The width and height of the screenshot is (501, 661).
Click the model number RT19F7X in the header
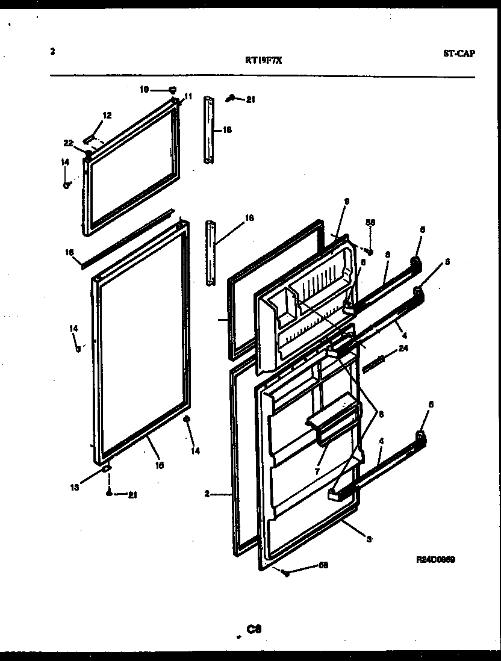point(259,60)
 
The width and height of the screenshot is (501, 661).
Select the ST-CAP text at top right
point(459,53)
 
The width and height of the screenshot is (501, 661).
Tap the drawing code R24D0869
point(435,559)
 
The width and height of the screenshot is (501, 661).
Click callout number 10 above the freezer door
point(144,90)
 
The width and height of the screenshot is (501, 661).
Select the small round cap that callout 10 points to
point(173,90)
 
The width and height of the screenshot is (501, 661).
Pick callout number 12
point(107,115)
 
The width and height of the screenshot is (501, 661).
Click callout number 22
point(68,143)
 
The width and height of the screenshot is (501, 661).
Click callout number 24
point(403,348)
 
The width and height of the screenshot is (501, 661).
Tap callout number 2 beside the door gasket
point(206,494)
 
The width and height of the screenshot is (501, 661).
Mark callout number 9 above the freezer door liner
point(346,201)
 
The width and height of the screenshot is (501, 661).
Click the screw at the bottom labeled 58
point(286,573)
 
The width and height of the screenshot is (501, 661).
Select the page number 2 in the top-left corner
point(53,52)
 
